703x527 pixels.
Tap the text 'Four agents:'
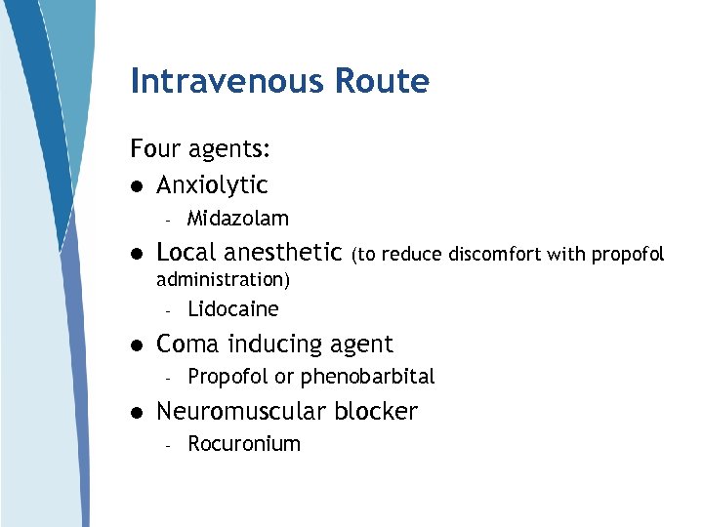(200, 149)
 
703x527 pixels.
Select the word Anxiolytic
(212, 184)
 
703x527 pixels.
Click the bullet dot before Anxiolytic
(137, 185)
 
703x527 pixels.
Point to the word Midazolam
(237, 219)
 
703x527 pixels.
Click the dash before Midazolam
(168, 220)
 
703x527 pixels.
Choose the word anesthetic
(282, 252)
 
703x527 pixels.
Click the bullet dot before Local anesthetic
(137, 254)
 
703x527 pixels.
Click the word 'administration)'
(223, 279)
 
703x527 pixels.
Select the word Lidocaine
(232, 309)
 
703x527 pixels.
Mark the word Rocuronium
(243, 444)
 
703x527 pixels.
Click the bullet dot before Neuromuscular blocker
(137, 413)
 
